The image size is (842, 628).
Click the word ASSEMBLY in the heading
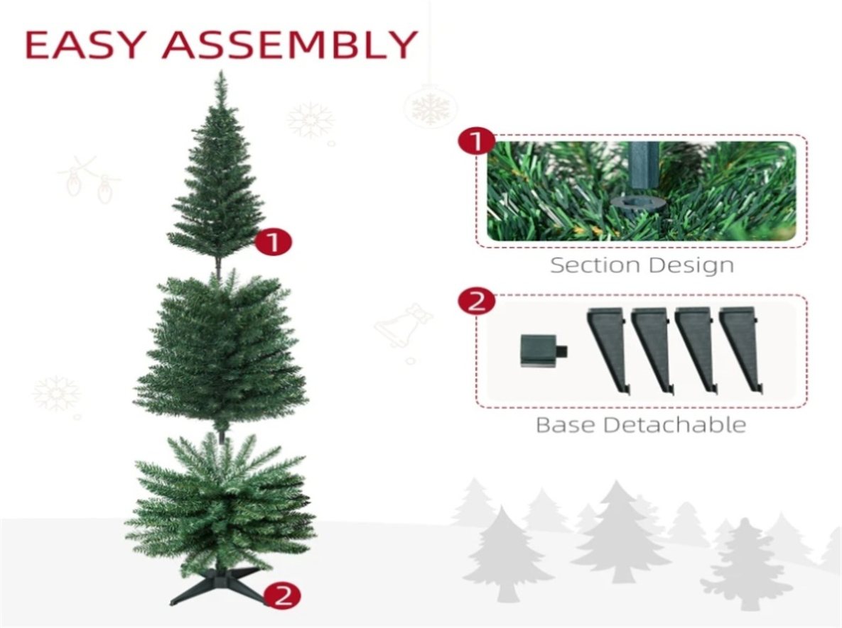290,45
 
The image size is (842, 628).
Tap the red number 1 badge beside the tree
274,242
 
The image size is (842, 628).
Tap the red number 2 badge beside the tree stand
283,595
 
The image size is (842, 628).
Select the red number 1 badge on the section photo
476,142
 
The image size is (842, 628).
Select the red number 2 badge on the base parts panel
476,301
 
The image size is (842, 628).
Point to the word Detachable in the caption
675,425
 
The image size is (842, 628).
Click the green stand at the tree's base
218,585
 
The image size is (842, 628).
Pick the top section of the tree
217,172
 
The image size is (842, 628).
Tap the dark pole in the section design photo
644,165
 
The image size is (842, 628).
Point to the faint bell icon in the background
404,326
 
